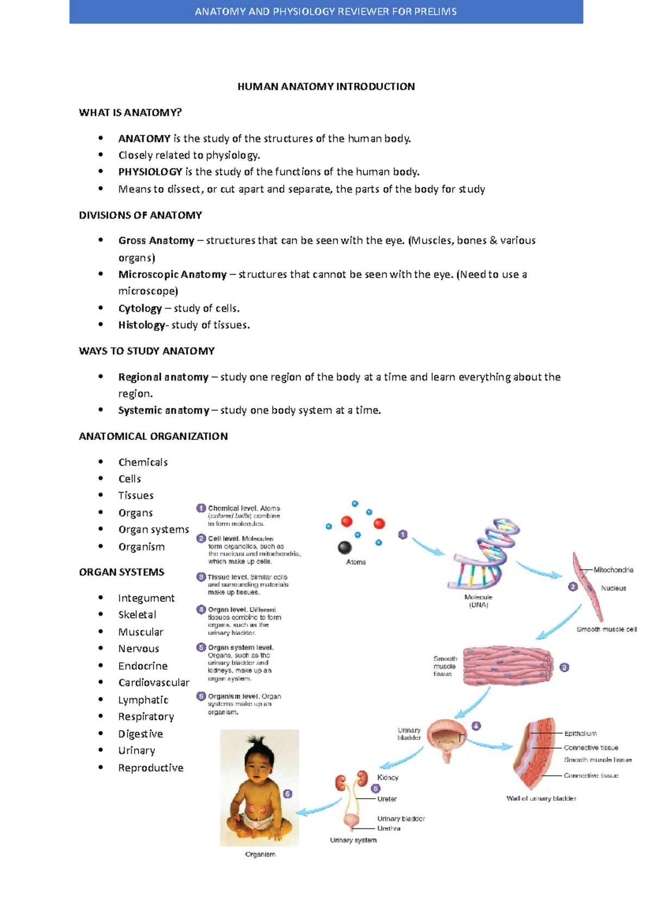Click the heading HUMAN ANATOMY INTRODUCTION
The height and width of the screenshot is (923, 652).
click(326, 86)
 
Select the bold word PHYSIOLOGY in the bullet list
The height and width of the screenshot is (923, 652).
click(150, 172)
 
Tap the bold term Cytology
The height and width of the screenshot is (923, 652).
click(140, 308)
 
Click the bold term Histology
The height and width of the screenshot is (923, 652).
click(141, 325)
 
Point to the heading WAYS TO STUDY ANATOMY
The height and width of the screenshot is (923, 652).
click(147, 351)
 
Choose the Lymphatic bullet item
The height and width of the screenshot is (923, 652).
click(143, 700)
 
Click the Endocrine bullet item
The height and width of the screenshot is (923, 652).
click(143, 666)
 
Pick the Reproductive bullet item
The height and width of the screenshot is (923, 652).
click(151, 768)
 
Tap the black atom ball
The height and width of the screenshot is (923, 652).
click(344, 547)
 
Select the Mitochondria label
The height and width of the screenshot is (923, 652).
click(613, 570)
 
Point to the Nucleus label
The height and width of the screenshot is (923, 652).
click(613, 588)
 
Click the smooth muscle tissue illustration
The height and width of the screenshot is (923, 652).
click(507, 666)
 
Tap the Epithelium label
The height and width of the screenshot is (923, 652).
click(580, 733)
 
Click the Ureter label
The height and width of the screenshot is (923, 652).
click(387, 799)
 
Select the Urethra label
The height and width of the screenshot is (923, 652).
click(388, 828)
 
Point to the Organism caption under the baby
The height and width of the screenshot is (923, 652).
click(260, 855)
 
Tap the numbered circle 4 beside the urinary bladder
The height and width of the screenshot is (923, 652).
click(476, 726)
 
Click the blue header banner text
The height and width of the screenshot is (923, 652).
click(326, 11)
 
